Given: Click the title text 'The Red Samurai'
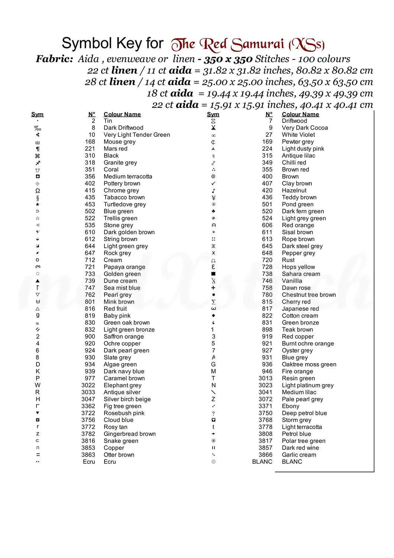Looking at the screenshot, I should coord(227,45).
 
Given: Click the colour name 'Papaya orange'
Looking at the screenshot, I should coord(124,267).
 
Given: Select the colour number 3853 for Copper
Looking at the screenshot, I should coord(88,448).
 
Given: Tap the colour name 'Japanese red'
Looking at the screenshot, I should coord(300,309).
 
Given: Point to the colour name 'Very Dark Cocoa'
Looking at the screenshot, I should coord(304,128).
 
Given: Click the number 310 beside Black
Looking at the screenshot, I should coord(90,156).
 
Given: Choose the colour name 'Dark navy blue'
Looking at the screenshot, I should coord(124,372).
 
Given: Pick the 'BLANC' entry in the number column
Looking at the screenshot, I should coord(262,462).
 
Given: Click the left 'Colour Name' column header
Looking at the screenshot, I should coord(122,115).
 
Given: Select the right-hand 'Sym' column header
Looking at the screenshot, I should coord(213,115).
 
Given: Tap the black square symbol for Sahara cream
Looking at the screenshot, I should coord(213,274).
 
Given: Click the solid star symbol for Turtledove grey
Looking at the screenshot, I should coord(38,204).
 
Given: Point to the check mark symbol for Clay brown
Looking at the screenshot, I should coord(213,183).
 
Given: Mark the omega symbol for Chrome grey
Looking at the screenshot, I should coord(38,190).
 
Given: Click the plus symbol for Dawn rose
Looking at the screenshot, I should coord(213,288).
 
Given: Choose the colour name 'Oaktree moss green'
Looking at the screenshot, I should coord(309,365).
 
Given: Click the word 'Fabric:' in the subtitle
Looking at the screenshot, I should coord(54,59).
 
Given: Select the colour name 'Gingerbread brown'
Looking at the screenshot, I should coord(129,434).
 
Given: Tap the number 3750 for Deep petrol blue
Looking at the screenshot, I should coord(265,413).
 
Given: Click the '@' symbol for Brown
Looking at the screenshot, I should coord(213,177).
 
